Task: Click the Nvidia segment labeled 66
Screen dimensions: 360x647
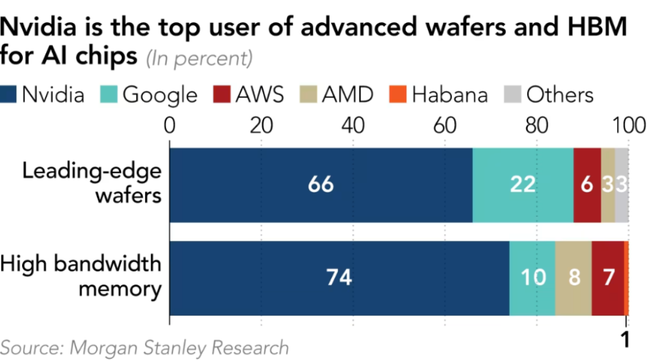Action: (321, 185)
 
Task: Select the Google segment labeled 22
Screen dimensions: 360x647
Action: (522, 185)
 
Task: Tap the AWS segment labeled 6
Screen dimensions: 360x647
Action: (587, 185)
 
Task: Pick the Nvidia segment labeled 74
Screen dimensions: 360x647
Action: (339, 277)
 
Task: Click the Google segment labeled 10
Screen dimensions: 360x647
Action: (532, 277)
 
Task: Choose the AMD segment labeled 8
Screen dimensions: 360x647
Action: (573, 277)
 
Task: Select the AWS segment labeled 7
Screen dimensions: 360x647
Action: (607, 277)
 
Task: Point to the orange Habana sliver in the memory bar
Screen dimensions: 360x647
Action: (626, 277)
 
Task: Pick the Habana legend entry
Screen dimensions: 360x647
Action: (449, 95)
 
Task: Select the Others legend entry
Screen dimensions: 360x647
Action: (560, 95)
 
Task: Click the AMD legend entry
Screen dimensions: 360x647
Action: (347, 95)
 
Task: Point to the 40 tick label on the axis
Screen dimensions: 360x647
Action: (353, 126)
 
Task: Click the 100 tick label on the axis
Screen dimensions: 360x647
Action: (628, 126)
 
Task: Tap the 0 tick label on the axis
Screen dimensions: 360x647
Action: (170, 126)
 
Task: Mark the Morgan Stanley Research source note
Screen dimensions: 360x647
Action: (144, 347)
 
